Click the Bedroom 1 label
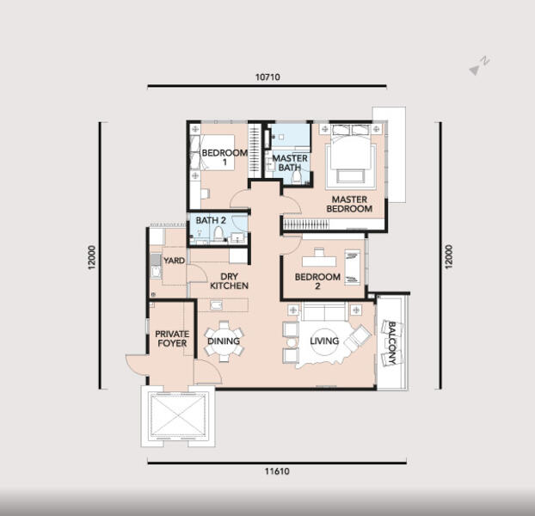pyautogui.click(x=224, y=157)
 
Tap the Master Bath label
pyautogui.click(x=290, y=163)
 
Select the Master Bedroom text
pyautogui.click(x=349, y=204)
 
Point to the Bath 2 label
pyautogui.click(x=211, y=220)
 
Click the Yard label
pyautogui.click(x=174, y=261)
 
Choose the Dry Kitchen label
pyautogui.click(x=229, y=281)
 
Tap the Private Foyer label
pyautogui.click(x=172, y=339)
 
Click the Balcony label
pyautogui.click(x=392, y=343)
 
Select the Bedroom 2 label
pyautogui.click(x=317, y=281)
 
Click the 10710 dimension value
pyautogui.click(x=267, y=77)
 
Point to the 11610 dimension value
pyautogui.click(x=277, y=471)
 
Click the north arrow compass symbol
pyautogui.click(x=479, y=66)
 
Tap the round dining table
pyautogui.click(x=224, y=341)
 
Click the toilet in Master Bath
pyautogui.click(x=297, y=176)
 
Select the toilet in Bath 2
pyautogui.click(x=218, y=234)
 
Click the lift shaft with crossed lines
pyautogui.click(x=178, y=415)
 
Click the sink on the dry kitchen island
pyautogui.click(x=216, y=305)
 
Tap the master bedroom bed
pyautogui.click(x=352, y=155)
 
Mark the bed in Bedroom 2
pyautogui.click(x=353, y=267)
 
